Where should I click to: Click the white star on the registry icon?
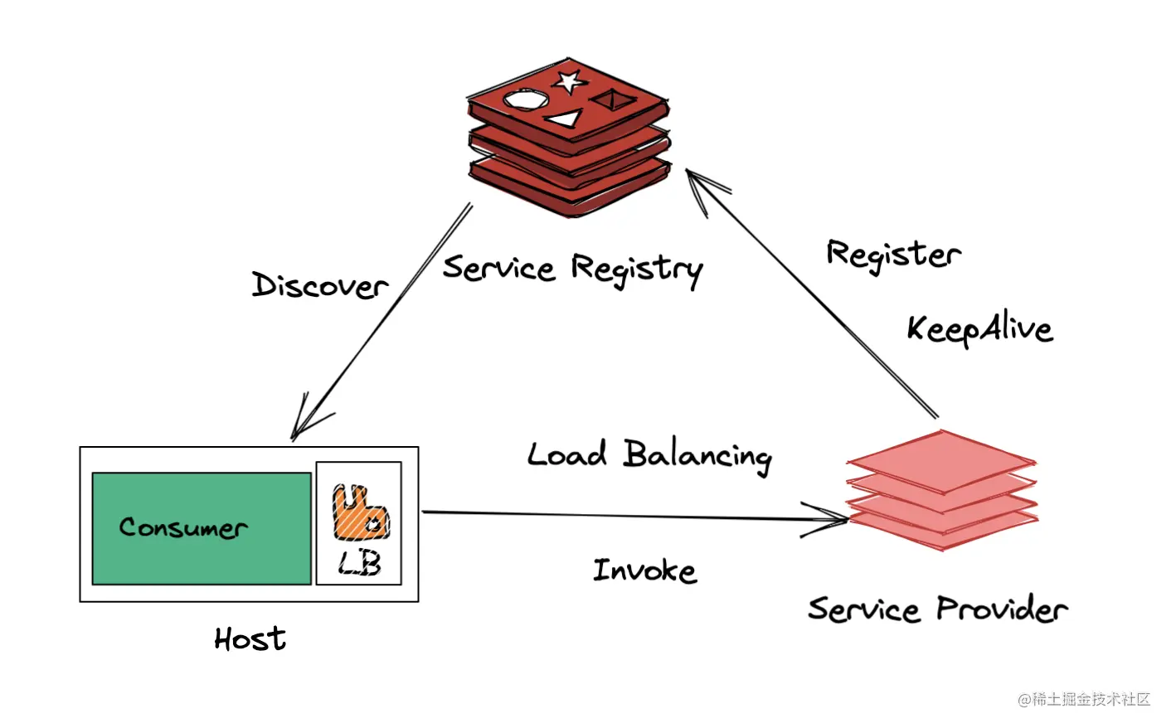pyautogui.click(x=569, y=81)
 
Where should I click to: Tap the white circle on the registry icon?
pyautogui.click(x=526, y=100)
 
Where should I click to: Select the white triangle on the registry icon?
pyautogui.click(x=565, y=119)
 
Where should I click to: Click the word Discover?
pyautogui.click(x=320, y=285)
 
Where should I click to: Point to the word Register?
pyautogui.click(x=893, y=254)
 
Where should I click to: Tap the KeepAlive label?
pyautogui.click(x=979, y=328)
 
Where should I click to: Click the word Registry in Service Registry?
pyautogui.click(x=636, y=269)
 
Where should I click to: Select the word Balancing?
pyautogui.click(x=697, y=455)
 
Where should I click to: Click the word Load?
pyautogui.click(x=567, y=454)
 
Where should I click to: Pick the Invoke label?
pyautogui.click(x=644, y=570)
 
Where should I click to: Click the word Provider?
pyautogui.click(x=1002, y=609)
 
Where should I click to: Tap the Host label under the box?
pyautogui.click(x=250, y=638)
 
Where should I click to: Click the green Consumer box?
pyautogui.click(x=202, y=528)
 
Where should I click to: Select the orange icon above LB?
pyautogui.click(x=360, y=512)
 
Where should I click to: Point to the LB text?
pyautogui.click(x=360, y=564)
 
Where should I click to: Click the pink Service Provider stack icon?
pyautogui.click(x=942, y=489)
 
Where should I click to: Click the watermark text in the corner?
pyautogui.click(x=1084, y=700)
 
